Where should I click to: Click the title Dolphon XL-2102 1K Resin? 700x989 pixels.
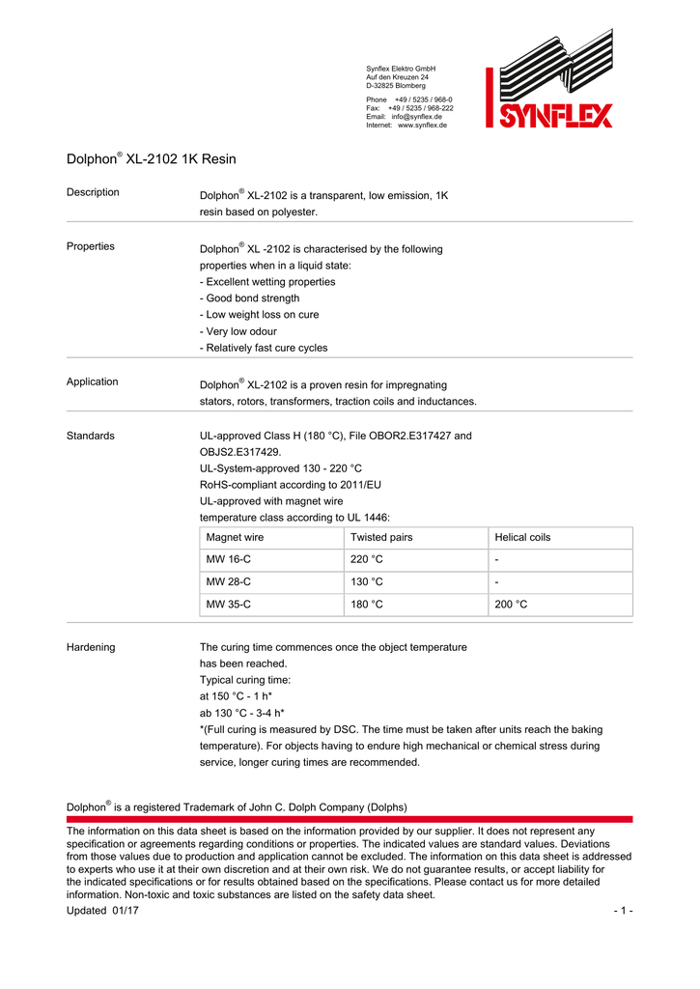(x=151, y=158)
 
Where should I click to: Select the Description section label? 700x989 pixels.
(x=93, y=192)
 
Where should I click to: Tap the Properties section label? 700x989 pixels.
(x=91, y=246)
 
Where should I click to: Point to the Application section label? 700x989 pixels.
(x=93, y=381)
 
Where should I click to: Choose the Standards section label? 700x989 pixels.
(x=91, y=436)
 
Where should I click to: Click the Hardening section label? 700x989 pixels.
(x=91, y=647)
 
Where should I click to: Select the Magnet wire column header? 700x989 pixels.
(x=235, y=537)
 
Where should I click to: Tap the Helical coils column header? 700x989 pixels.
(x=522, y=537)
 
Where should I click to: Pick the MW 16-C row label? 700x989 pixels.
(x=229, y=559)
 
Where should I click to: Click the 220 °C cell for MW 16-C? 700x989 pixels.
(x=367, y=559)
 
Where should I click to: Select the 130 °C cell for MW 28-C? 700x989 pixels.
(x=367, y=581)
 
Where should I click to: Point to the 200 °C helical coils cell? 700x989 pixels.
(x=512, y=605)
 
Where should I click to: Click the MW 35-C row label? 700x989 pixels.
(x=229, y=605)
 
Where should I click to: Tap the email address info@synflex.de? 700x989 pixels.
(x=416, y=117)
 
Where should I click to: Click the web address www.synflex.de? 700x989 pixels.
(x=422, y=126)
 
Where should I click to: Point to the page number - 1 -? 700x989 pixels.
(x=623, y=912)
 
